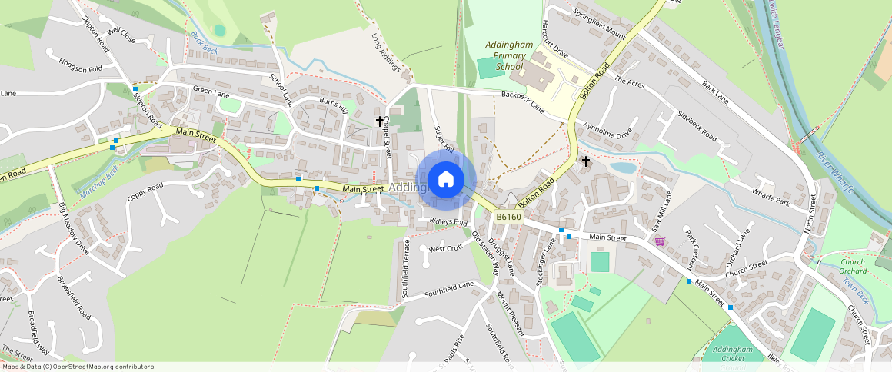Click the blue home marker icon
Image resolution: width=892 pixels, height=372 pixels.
coord(446,180)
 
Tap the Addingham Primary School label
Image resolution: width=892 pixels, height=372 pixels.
coord(508,56)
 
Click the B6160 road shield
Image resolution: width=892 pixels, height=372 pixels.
coord(508,218)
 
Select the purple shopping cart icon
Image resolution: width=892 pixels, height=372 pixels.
coord(660,241)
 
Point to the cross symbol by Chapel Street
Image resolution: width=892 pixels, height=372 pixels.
coord(379,121)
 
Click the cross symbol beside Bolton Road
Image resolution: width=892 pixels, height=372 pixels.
coord(586,161)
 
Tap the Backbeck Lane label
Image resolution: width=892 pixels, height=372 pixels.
coord(523,103)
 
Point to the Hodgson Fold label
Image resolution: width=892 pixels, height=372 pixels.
coord(80,68)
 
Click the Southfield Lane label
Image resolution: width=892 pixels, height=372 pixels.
coord(449,289)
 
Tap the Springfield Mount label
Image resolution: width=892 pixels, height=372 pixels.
coord(601,23)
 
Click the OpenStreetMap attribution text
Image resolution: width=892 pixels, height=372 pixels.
coord(77,367)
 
